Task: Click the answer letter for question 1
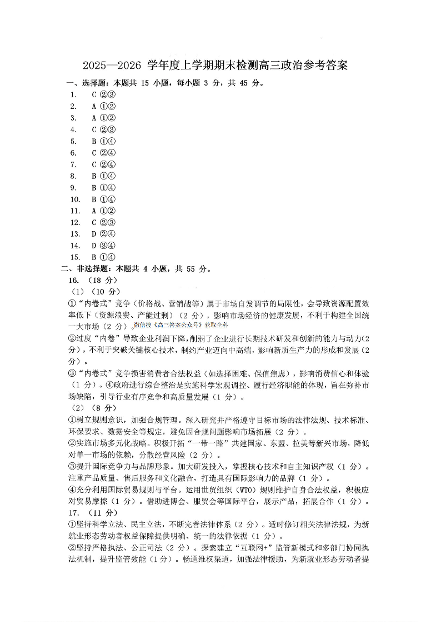tap(94, 94)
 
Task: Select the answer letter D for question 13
tap(94, 233)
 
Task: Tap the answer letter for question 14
tap(94, 245)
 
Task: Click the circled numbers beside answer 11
tap(108, 211)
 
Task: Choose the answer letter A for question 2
tap(94, 106)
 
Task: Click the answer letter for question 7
tap(94, 164)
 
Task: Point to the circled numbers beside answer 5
tap(108, 141)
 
